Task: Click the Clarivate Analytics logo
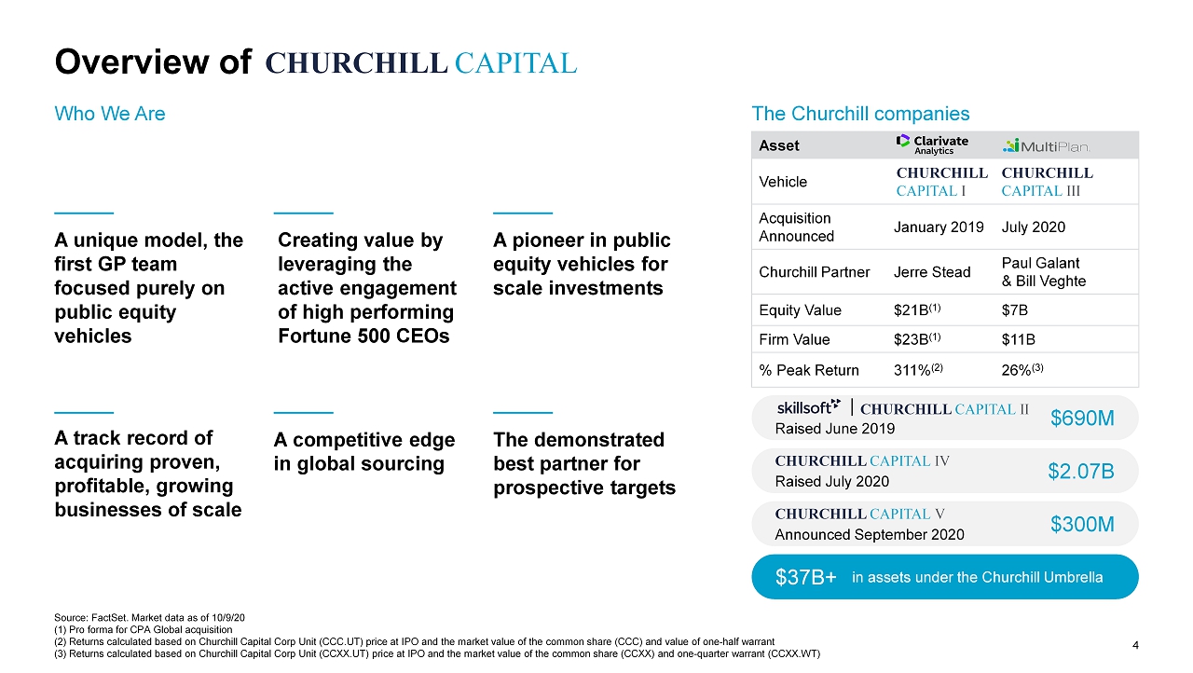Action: pos(932,144)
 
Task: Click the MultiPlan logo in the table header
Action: pos(1046,146)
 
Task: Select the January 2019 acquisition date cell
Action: pos(939,227)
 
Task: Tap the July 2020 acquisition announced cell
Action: pos(1034,227)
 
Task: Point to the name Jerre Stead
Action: pos(932,272)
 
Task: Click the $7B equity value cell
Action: pos(1015,309)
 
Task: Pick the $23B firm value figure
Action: pos(917,338)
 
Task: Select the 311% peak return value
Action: pos(918,369)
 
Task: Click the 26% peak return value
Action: pos(1022,369)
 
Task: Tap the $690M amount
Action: pos(1082,418)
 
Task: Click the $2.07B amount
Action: pos(1081,472)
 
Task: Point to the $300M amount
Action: pos(1082,525)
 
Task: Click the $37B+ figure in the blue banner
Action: pos(806,577)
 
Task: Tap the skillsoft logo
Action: pos(808,407)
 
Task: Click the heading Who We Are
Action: pos(110,114)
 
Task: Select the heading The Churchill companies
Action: pos(860,114)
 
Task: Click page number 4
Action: pos(1135,645)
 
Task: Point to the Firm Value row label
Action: pos(794,339)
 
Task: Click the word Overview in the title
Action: pos(132,62)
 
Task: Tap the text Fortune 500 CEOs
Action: pos(363,336)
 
